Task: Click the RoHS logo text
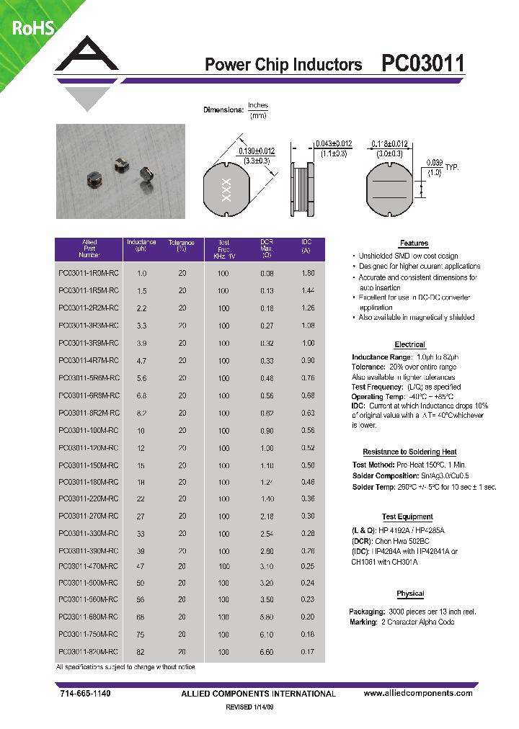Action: point(32,28)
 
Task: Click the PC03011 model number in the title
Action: point(423,64)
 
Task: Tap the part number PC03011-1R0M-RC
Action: point(89,274)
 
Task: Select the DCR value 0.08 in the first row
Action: point(267,274)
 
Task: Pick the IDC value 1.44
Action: point(307,291)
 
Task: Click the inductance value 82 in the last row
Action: point(141,652)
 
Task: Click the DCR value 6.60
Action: point(267,652)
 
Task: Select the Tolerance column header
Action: point(182,246)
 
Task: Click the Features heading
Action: point(414,243)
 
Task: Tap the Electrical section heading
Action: point(409,344)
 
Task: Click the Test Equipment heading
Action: point(407,516)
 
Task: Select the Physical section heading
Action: point(410,594)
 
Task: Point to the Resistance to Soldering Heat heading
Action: point(409,452)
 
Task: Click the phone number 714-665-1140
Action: point(84,693)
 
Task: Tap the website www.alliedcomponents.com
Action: point(418,693)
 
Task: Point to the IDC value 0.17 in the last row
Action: point(307,652)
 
